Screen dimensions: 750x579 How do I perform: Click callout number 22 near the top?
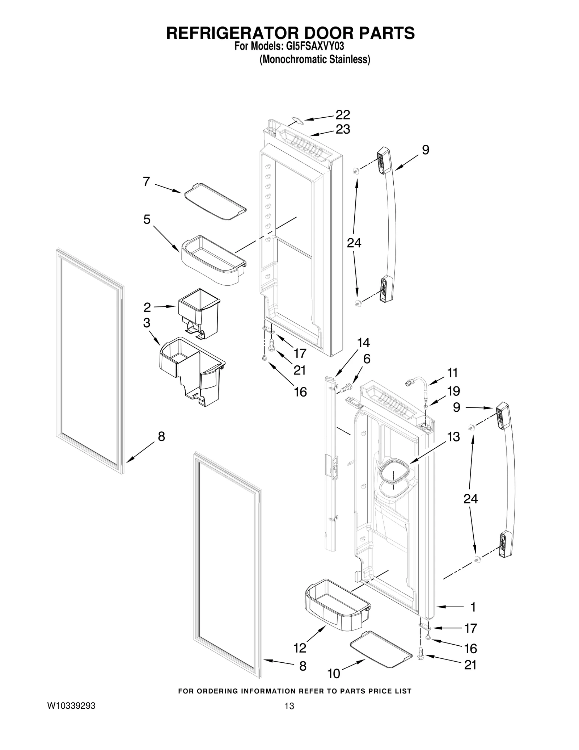342,115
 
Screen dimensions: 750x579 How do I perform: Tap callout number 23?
342,129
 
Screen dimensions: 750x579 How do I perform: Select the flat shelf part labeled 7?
215,202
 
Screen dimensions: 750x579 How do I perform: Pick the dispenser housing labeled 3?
192,370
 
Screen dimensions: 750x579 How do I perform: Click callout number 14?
363,343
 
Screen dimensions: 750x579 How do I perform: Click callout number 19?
453,391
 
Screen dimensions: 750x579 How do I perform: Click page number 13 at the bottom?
289,716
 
